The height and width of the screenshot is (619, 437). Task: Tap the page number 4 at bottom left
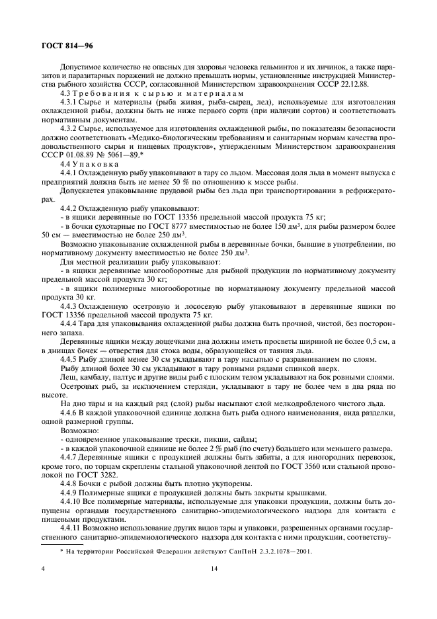click(x=43, y=568)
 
